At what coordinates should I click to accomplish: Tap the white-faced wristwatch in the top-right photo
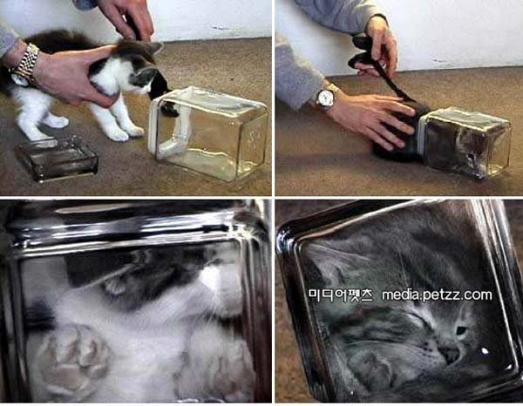coord(325,98)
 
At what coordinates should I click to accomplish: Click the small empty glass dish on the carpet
coord(56,158)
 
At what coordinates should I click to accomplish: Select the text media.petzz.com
coord(437,295)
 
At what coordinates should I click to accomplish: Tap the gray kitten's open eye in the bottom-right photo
coord(461,330)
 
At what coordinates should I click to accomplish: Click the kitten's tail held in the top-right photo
coord(392,78)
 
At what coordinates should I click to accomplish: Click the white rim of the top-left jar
coord(154,124)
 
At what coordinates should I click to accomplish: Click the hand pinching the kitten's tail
coord(380,45)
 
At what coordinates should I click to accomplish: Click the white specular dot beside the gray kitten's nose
coord(485,350)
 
